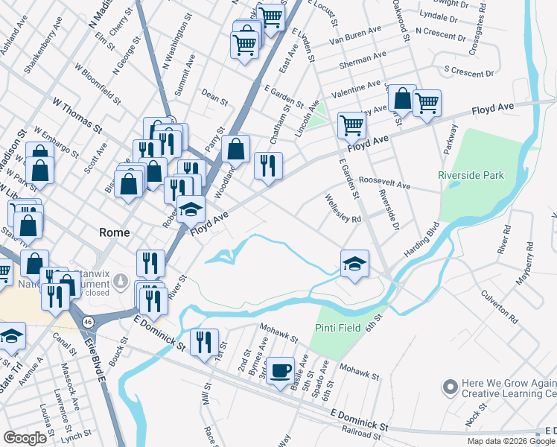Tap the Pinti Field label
coord(337,328)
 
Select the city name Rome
coord(115,232)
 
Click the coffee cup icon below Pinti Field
coord(280,370)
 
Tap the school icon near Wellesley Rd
coord(354,264)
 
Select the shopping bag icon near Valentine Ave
coord(401,98)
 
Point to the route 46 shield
coord(88,321)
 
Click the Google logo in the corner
coord(25,438)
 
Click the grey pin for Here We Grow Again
coord(449,387)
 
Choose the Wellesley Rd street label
coord(343,209)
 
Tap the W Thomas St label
coord(77,114)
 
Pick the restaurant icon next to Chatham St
coord(268,165)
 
